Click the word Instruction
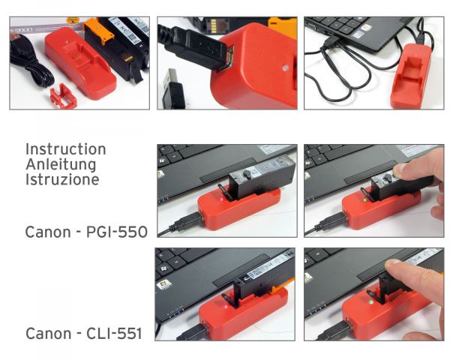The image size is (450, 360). tap(65, 149)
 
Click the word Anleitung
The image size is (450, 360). tap(60, 164)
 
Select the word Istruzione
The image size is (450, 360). tap(61, 179)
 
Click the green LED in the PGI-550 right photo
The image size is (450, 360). tap(363, 199)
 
